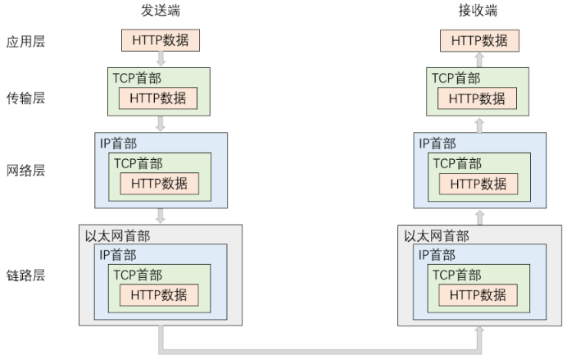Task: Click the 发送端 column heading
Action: tap(161, 11)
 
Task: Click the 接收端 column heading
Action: tap(478, 11)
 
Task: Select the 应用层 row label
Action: tap(25, 41)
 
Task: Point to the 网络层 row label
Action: tap(25, 174)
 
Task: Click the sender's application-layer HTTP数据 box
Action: tap(161, 39)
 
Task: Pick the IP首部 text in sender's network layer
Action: tap(117, 144)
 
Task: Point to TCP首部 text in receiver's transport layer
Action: tap(455, 77)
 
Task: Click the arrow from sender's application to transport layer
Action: tap(161, 59)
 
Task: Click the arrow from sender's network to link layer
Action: tap(161, 216)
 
